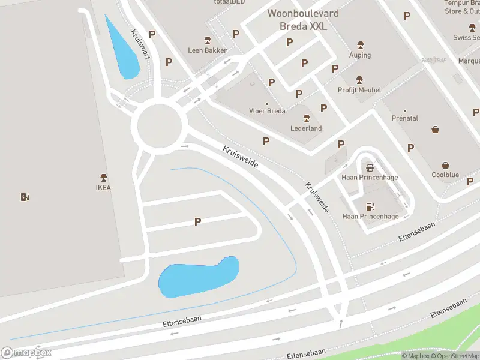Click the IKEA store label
103,187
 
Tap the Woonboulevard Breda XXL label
303,20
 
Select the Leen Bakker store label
208,50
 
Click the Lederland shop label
307,128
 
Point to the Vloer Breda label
267,111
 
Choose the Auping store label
360,55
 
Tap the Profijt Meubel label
359,90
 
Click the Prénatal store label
404,118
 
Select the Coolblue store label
445,175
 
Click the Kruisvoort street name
140,44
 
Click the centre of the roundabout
159,125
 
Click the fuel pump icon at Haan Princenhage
370,206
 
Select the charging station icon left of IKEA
25,197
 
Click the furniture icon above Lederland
307,118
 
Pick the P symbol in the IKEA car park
197,222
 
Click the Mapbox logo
26,353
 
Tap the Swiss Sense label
467,37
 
